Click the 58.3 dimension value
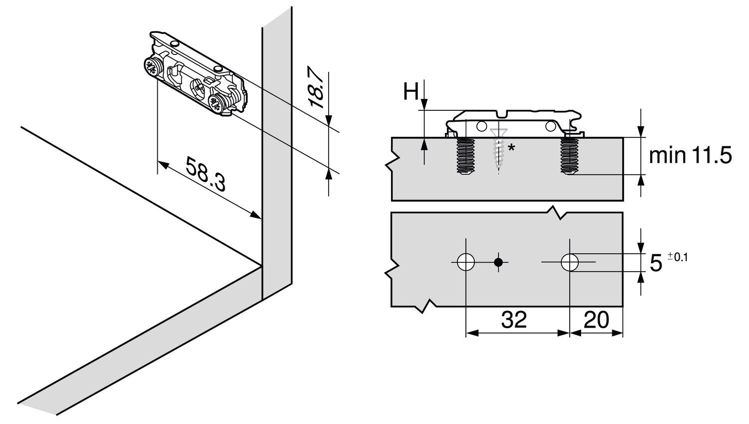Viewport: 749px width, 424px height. click(x=206, y=174)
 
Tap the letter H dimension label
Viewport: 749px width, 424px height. click(x=410, y=92)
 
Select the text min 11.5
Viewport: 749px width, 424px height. click(x=690, y=156)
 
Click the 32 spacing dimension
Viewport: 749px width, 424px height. click(x=514, y=320)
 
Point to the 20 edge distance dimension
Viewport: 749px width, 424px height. click(x=596, y=320)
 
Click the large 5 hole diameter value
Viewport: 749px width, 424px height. click(x=656, y=263)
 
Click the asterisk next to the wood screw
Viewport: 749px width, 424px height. click(x=511, y=148)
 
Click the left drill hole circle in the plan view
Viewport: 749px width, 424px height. click(x=465, y=262)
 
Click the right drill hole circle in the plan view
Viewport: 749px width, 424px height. click(x=569, y=262)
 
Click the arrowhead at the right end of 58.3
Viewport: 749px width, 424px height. click(x=256, y=216)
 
